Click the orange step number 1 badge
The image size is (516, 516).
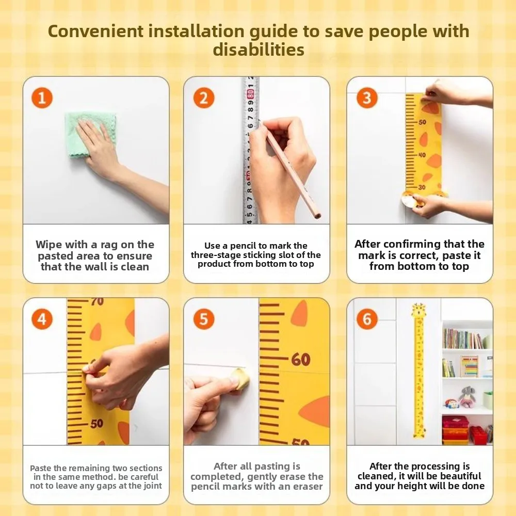click(x=42, y=98)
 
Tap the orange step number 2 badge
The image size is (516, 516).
click(x=204, y=98)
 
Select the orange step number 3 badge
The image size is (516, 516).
click(x=367, y=98)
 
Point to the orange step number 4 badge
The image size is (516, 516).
click(x=42, y=319)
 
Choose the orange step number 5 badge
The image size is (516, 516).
click(x=204, y=319)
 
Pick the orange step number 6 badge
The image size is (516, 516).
click(x=367, y=319)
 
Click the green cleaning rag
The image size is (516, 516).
click(x=90, y=134)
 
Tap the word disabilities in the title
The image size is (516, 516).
click(x=259, y=50)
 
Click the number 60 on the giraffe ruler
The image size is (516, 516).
click(x=300, y=359)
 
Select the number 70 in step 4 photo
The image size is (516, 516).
click(x=97, y=301)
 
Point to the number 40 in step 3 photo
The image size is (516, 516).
click(x=422, y=155)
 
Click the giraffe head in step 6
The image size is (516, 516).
click(x=419, y=310)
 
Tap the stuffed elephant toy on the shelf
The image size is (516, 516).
click(x=467, y=396)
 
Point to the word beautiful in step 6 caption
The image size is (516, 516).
click(x=461, y=476)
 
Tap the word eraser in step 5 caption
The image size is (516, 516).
click(x=308, y=487)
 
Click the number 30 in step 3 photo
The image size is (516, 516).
click(x=422, y=187)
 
